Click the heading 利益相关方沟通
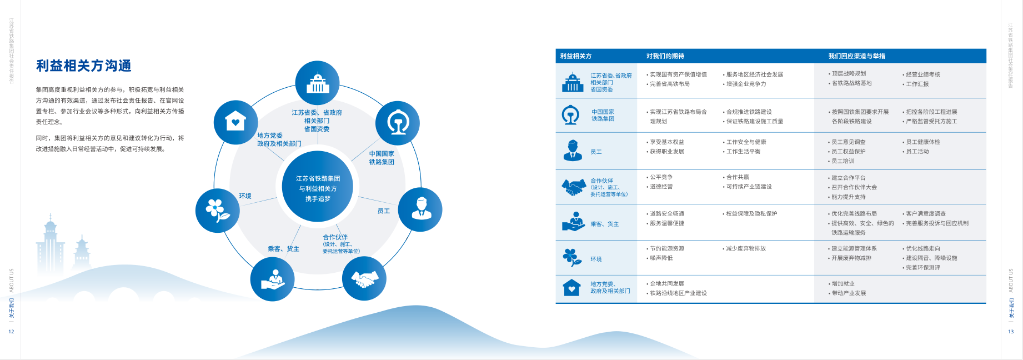coord(84,66)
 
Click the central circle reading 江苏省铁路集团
coord(318,186)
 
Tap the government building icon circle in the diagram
coord(317,83)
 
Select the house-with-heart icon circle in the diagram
coord(235,122)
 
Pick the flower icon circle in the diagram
coord(218,210)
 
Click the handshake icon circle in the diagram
coord(364,279)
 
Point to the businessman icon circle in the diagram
coord(420,209)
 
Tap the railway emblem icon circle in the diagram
coord(398,123)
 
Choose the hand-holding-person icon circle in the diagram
coord(272,279)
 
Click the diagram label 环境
coord(245,196)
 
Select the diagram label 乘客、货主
coord(283,249)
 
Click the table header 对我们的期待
coord(665,56)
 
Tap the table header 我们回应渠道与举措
coord(856,56)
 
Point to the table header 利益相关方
coord(575,56)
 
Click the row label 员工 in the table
coord(596,152)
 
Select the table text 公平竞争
coord(661,177)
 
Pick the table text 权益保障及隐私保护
coord(751,213)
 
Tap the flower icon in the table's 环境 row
coord(572,257)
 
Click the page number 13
coord(1011,332)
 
